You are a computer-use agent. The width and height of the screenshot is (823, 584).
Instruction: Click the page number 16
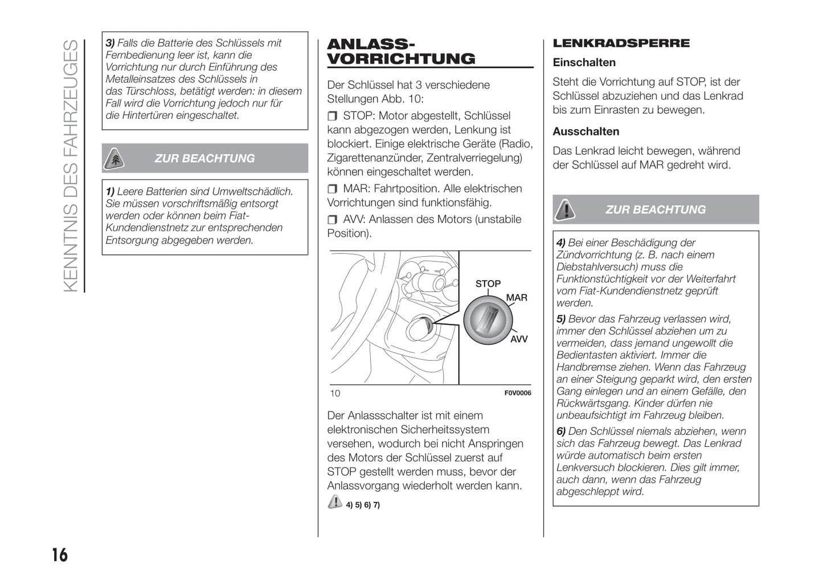click(x=59, y=554)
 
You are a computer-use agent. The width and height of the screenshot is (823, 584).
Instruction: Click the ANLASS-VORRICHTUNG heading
click(x=400, y=52)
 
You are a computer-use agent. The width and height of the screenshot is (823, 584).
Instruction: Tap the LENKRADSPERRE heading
click(x=621, y=43)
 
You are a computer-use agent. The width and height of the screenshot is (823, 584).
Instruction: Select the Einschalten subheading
click(x=584, y=63)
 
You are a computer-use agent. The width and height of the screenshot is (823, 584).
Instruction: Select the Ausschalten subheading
click(x=585, y=131)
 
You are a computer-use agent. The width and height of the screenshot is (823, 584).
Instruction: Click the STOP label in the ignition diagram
click(x=488, y=283)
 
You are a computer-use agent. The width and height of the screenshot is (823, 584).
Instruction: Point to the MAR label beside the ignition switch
click(x=517, y=298)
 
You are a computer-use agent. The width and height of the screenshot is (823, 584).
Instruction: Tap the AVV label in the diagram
click(x=518, y=339)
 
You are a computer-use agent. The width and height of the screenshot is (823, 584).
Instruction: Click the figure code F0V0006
click(x=517, y=393)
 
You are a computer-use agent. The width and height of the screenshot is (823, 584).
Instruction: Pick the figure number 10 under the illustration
click(x=335, y=393)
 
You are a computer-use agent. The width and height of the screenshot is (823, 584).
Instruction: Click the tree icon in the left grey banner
click(x=115, y=159)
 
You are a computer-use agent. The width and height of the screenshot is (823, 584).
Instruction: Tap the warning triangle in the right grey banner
click(x=565, y=210)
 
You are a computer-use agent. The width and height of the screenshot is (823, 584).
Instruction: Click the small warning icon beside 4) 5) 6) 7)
click(x=335, y=502)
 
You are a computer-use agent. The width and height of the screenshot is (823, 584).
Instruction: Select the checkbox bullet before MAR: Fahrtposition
click(x=333, y=189)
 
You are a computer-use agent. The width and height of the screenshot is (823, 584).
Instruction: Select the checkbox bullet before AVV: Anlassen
click(x=333, y=220)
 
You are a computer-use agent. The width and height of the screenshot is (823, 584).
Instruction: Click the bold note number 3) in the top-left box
click(x=110, y=43)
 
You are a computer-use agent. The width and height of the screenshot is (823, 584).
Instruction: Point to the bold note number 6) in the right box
click(x=561, y=431)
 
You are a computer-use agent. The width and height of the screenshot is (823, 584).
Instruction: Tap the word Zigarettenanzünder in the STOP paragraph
click(x=374, y=158)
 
